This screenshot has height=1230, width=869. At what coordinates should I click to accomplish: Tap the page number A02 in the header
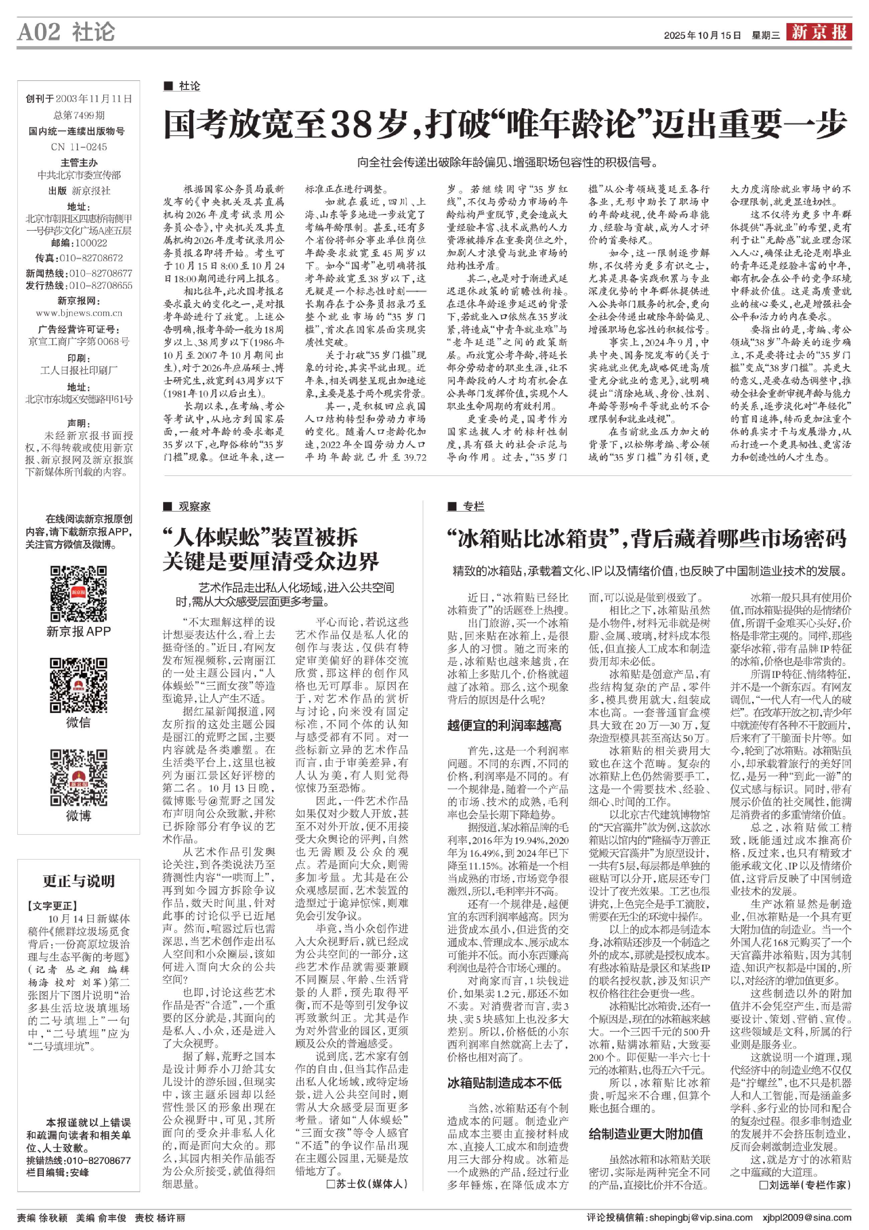coord(38,32)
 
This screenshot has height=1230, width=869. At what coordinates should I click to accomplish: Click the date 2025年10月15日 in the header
coord(702,35)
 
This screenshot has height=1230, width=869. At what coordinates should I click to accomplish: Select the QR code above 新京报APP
coord(78,594)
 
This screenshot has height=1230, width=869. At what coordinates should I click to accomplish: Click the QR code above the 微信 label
coord(78,685)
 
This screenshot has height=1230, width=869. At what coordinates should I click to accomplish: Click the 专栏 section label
coord(473,506)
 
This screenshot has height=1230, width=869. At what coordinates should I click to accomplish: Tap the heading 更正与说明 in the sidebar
coord(79,881)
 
